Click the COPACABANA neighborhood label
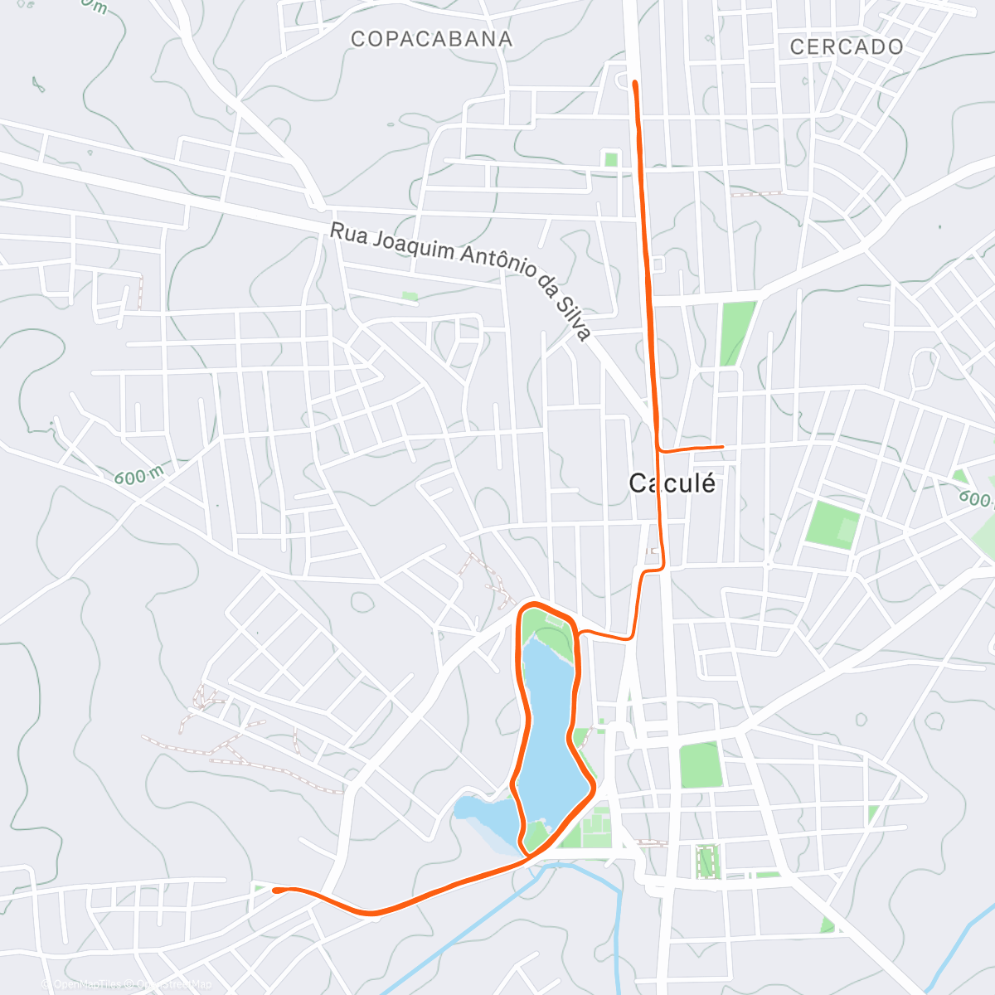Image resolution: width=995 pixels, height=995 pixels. (431, 39)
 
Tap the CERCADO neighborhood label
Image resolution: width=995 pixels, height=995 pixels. (846, 46)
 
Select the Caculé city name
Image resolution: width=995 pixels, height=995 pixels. (672, 483)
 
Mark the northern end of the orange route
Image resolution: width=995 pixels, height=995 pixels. (634, 83)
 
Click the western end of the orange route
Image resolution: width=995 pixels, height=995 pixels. (275, 890)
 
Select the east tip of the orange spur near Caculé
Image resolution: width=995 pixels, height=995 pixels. (723, 447)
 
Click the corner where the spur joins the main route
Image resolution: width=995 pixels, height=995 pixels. (660, 449)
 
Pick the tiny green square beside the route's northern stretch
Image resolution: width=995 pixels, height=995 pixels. (611, 159)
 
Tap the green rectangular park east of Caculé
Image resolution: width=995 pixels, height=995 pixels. (832, 524)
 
